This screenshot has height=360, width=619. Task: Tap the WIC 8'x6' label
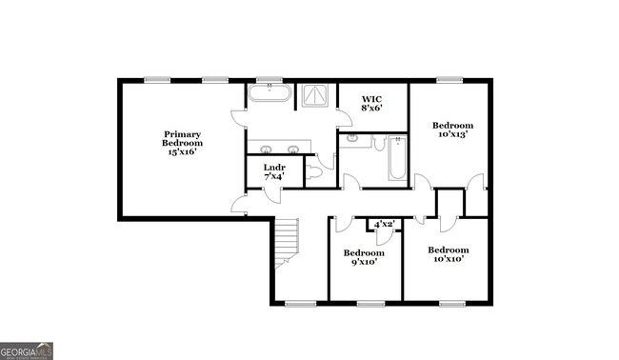point(372,103)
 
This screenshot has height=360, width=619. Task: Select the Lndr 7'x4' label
point(273,171)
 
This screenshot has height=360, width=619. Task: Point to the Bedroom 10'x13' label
point(452,130)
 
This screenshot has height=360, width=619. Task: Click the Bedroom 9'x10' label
point(363,257)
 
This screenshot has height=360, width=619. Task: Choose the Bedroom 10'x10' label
point(449,254)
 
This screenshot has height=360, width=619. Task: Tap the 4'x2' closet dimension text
point(385,224)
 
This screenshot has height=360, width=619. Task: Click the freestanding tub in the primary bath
point(270,95)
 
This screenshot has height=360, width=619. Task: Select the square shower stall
point(314,95)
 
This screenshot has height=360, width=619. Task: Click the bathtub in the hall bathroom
point(397,159)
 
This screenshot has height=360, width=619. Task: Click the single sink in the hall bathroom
point(352,139)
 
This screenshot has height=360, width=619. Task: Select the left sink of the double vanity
point(266,150)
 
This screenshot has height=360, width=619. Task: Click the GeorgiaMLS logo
point(27,350)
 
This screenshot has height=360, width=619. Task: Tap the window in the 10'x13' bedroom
point(449,80)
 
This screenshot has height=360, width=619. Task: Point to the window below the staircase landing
point(301,305)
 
